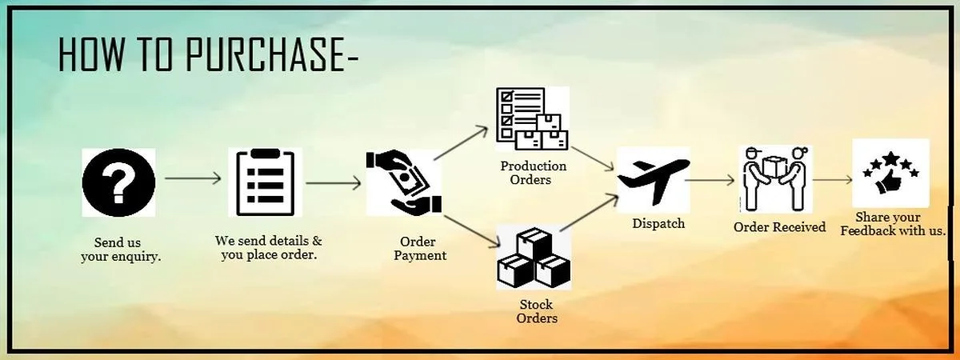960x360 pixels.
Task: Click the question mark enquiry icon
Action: point(118,182)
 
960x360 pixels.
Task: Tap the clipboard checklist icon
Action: point(265,182)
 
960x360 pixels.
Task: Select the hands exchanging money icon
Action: point(403,182)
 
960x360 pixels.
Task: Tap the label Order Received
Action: point(779,227)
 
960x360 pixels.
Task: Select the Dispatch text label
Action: point(658,223)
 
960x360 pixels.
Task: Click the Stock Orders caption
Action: point(537,311)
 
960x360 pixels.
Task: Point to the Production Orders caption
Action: point(533,173)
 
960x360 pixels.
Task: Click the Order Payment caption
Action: point(419,249)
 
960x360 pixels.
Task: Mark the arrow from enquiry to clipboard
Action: point(193,178)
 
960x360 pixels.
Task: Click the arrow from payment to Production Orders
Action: point(462,142)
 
